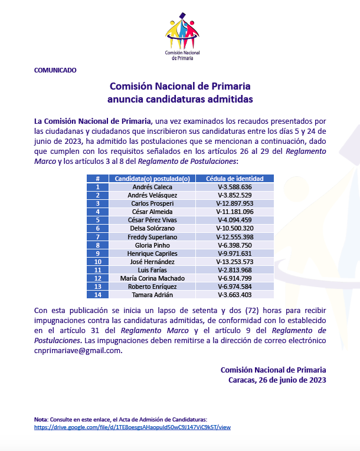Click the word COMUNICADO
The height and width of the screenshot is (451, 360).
click(55, 70)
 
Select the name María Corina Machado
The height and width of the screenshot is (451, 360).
click(152, 278)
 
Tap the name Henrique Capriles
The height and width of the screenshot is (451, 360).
click(152, 253)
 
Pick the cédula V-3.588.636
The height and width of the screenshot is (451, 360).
click(235, 187)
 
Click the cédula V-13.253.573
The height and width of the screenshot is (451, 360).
click(235, 261)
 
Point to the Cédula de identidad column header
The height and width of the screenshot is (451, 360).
click(235, 179)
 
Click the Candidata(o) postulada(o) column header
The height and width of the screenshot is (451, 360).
click(152, 179)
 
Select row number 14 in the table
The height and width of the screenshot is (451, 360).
click(97, 294)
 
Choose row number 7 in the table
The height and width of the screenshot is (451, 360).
click(97, 236)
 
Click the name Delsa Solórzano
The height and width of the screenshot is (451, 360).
click(152, 228)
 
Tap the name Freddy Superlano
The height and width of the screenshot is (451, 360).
click(152, 236)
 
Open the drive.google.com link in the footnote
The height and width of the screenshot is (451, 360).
click(132, 426)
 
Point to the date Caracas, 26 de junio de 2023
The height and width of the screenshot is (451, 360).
click(277, 380)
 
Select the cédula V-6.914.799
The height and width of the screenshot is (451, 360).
click(235, 278)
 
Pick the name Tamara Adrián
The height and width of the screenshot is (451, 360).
click(152, 294)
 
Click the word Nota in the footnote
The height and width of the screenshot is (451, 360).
click(41, 419)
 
